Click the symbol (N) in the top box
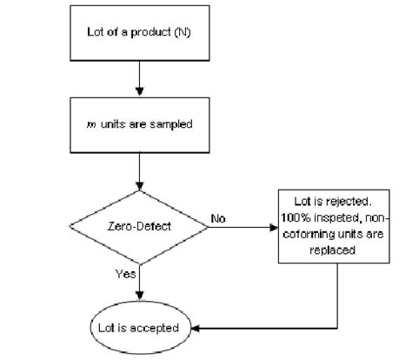coord(183,34)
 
